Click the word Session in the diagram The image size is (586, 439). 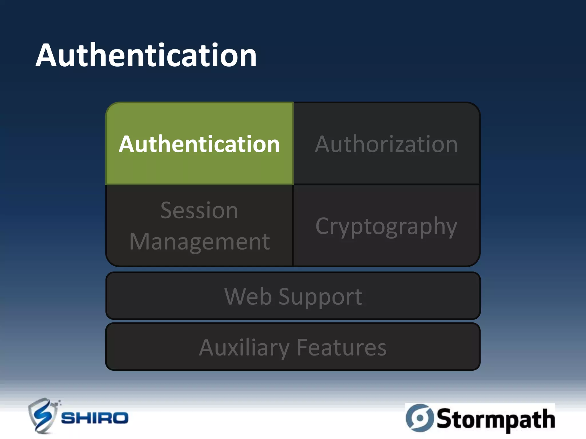(x=199, y=211)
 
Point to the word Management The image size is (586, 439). (x=199, y=242)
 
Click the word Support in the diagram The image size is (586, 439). (x=320, y=297)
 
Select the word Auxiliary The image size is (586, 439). (x=244, y=348)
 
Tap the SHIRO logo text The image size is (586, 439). (x=95, y=418)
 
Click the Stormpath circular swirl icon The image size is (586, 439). (x=420, y=418)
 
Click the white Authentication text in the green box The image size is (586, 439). (x=199, y=144)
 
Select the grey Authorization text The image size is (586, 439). (x=386, y=144)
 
